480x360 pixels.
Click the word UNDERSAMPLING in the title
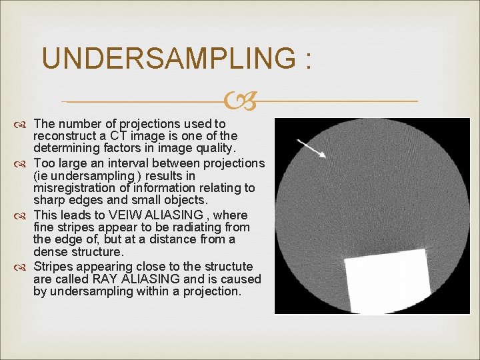coord(167,59)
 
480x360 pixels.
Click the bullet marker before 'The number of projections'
coord(22,125)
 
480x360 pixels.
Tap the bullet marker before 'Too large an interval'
coord(22,164)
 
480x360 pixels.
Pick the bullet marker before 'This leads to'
coord(22,216)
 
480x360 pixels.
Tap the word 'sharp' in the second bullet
coord(48,201)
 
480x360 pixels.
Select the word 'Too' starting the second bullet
coord(43,163)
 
